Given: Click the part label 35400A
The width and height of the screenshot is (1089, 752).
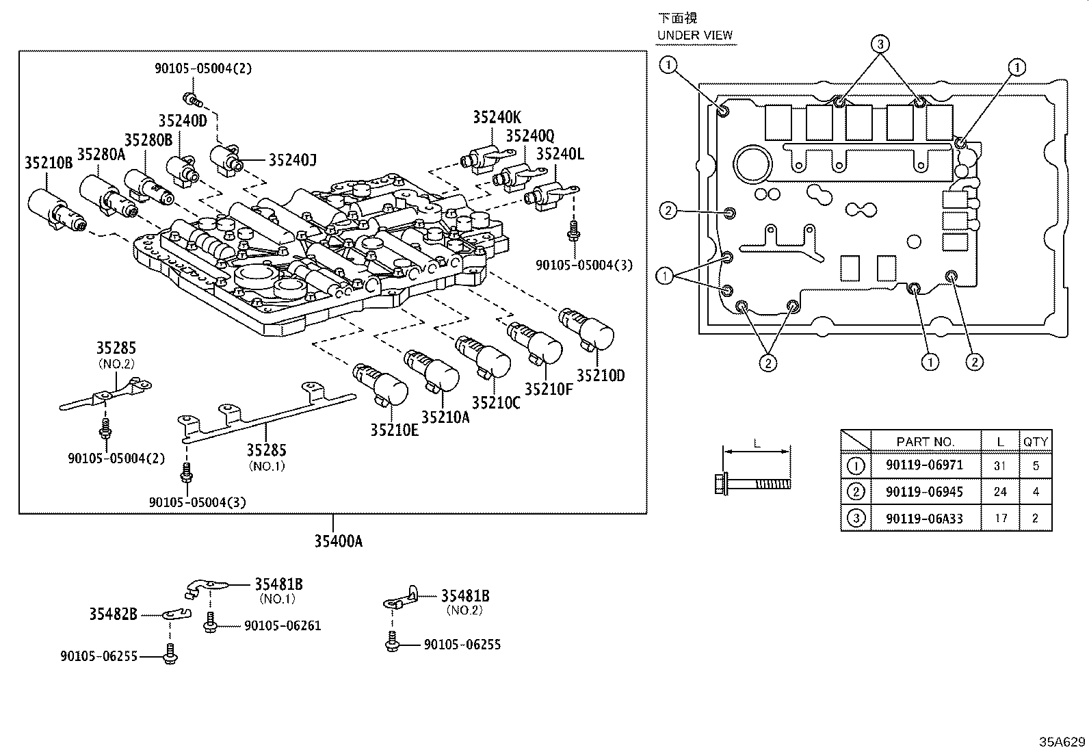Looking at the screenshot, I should click(338, 541).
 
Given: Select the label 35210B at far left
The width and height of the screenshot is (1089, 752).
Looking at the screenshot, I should click(49, 163).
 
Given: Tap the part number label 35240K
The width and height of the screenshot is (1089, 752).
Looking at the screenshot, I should click(497, 117).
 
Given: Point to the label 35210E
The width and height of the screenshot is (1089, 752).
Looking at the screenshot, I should click(395, 430).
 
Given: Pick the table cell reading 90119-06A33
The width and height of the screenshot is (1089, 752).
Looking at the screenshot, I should click(924, 518).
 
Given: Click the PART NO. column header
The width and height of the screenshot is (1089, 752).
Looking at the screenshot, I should click(925, 442).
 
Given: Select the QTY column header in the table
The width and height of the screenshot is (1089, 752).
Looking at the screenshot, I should click(1035, 442).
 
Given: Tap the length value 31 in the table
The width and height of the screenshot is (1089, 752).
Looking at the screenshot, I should click(1000, 465).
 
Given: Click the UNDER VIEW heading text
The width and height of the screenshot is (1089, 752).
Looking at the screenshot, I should click(694, 35).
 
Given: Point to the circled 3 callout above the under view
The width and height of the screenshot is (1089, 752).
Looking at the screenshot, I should click(880, 44).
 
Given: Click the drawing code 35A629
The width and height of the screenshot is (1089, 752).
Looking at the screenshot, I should click(1062, 742).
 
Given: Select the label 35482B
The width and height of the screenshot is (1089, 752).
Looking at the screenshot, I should click(113, 614).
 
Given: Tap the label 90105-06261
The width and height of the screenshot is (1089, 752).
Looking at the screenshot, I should click(282, 625).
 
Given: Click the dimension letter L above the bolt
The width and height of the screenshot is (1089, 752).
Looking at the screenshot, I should click(757, 443).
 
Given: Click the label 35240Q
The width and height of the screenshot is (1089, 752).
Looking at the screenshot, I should click(530, 135).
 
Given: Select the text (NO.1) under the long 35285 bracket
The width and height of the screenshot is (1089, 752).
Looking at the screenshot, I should click(267, 466).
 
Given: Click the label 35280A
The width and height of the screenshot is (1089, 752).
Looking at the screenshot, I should click(101, 154).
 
